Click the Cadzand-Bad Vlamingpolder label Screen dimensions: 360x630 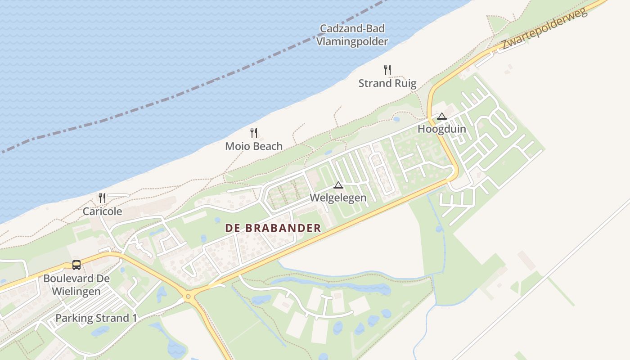tap(352, 35)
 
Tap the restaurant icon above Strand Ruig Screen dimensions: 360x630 tap(387, 69)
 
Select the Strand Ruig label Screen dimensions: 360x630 tap(387, 83)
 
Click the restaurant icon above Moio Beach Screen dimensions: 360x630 tap(254, 132)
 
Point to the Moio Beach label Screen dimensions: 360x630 tap(254, 146)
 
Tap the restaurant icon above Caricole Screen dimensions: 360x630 tap(102, 198)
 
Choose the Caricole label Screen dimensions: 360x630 tap(102, 211)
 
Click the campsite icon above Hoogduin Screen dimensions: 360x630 tap(441, 116)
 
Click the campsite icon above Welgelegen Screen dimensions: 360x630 tap(338, 184)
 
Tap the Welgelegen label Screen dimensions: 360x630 tap(338, 198)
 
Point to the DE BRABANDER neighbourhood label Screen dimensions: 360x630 tap(273, 228)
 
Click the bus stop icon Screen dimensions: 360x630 tap(76, 265)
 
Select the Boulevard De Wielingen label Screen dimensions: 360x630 tap(76, 285)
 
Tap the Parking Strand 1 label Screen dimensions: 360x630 tap(96, 318)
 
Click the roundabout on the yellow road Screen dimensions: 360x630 tap(189, 296)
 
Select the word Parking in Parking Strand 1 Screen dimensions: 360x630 tap(73, 318)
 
